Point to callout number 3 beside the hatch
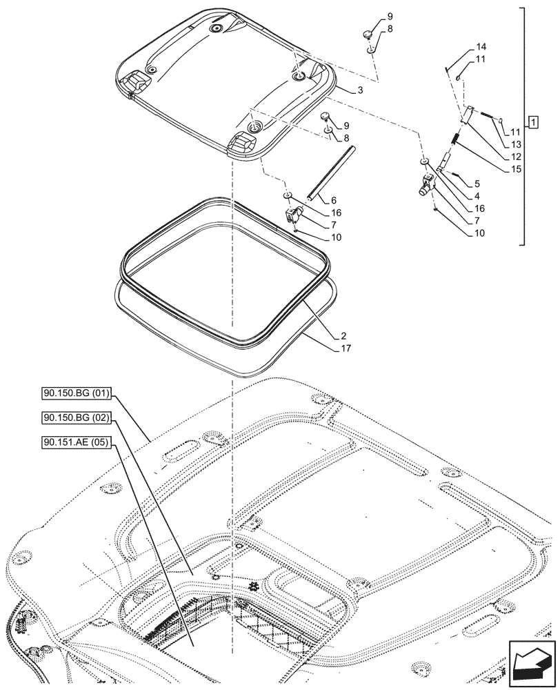(360, 90)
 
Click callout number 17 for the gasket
(346, 348)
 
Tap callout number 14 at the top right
(481, 47)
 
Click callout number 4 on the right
(476, 196)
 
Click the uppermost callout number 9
(390, 16)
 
